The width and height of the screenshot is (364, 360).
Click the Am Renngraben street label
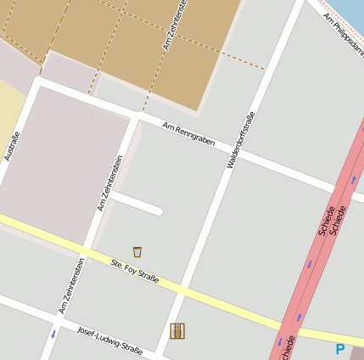point(188,133)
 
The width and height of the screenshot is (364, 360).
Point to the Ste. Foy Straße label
point(135,278)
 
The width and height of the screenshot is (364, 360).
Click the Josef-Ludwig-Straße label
point(109,337)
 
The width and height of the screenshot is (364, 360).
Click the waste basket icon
point(137,251)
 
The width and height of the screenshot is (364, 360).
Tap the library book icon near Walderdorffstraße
point(177,330)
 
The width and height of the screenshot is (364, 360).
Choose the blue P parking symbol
point(340,349)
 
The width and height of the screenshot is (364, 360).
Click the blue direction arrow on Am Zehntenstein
point(53,334)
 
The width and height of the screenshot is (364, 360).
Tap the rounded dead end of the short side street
point(158,209)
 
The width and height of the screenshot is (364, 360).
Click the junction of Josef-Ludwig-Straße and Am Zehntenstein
point(57,319)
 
